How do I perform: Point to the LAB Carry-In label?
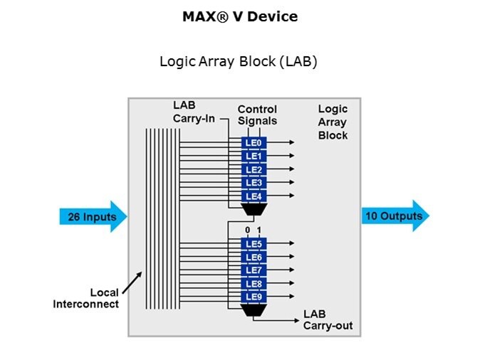193,112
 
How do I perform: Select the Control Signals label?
257,115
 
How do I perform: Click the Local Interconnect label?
86,298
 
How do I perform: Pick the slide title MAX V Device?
240,16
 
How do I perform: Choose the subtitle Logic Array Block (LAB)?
239,61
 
